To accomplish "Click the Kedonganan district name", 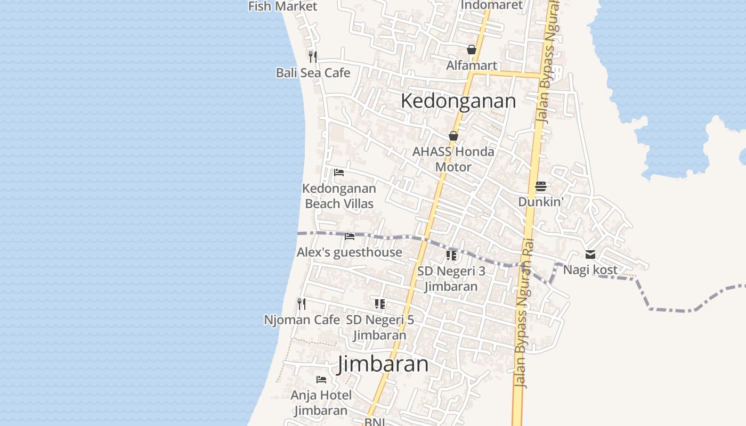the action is [458, 101].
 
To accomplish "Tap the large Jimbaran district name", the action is [383, 364].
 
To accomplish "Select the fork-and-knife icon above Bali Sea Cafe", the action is [313, 56].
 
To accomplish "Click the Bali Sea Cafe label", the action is [313, 73].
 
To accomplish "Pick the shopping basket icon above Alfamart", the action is [471, 50].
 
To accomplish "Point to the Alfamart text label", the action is [471, 65].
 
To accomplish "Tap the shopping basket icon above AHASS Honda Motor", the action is [453, 136].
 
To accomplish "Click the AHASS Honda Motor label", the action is [453, 159].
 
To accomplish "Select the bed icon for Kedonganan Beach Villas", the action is [338, 172].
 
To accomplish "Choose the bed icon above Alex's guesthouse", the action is [350, 236].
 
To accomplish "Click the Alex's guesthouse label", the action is [350, 252].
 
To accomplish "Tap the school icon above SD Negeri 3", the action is [451, 255].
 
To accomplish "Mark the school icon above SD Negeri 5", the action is [379, 304].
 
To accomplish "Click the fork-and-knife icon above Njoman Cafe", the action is [302, 304].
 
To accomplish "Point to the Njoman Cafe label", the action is [302, 320].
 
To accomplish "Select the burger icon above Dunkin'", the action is [541, 186].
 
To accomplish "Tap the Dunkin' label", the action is [541, 202].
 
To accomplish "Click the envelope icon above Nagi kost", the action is [590, 255].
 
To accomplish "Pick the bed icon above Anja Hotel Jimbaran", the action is [321, 380].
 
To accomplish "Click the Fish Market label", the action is [282, 6].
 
